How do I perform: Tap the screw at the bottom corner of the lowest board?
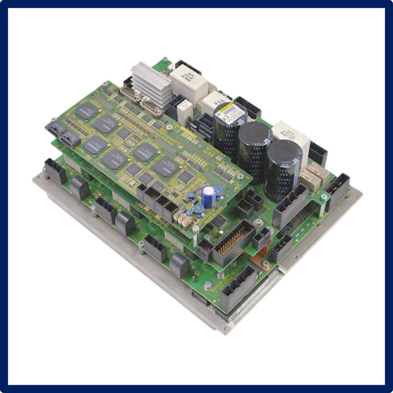click(x=207, y=286)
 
